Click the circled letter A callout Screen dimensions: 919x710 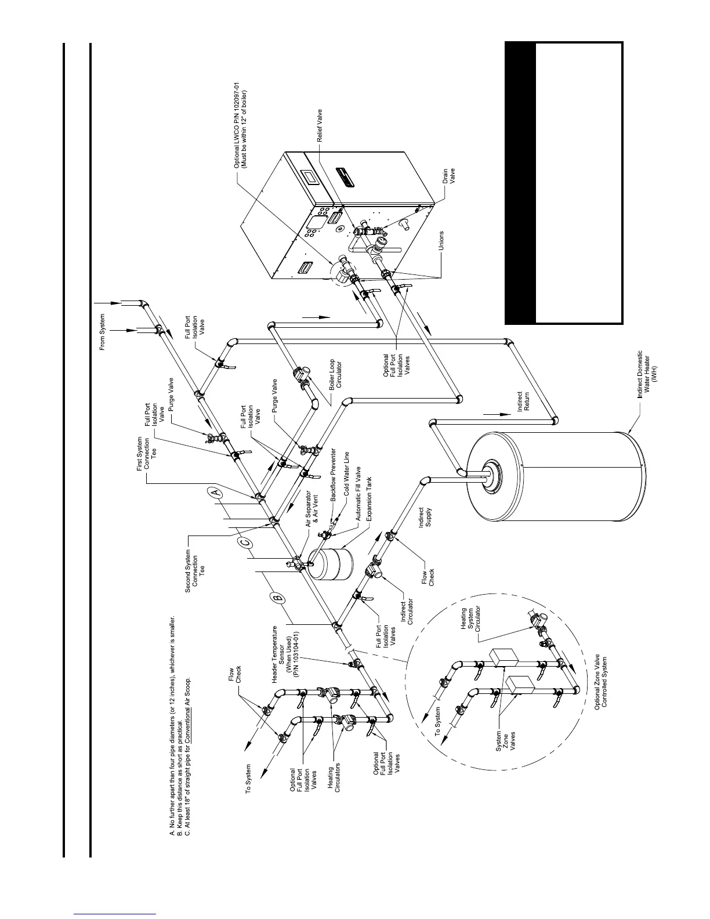(x=215, y=493)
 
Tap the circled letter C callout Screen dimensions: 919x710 (x=245, y=542)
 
